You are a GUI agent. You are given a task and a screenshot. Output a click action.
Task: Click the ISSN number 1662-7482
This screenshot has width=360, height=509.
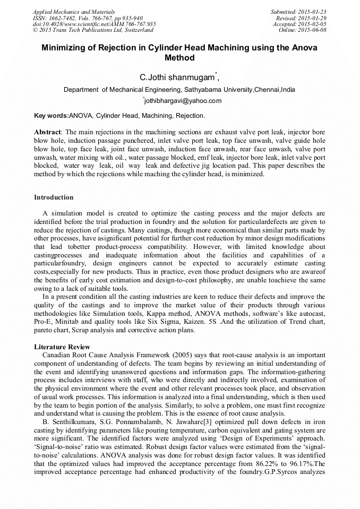click(x=63, y=18)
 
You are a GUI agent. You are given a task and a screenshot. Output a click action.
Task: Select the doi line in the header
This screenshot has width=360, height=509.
click(x=95, y=24)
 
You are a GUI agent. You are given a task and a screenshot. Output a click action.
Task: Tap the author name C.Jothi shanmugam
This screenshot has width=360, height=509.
click(x=176, y=77)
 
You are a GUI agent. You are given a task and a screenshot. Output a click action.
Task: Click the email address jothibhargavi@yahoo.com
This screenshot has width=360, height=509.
click(x=181, y=101)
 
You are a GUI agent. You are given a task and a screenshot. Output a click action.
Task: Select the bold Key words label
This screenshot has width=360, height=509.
click(x=51, y=115)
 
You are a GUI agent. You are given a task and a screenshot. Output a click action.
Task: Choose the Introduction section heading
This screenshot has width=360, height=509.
click(x=54, y=197)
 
